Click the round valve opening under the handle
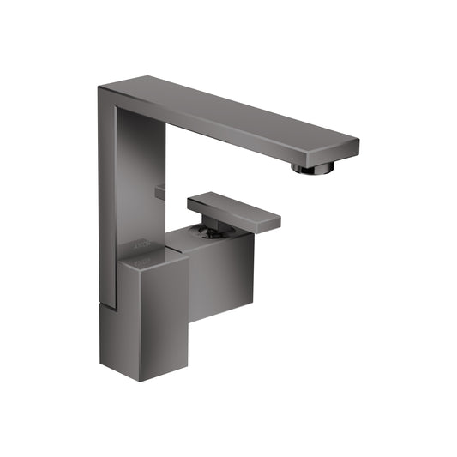[203, 230]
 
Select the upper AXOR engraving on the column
[142, 244]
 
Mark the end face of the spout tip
[350, 148]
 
